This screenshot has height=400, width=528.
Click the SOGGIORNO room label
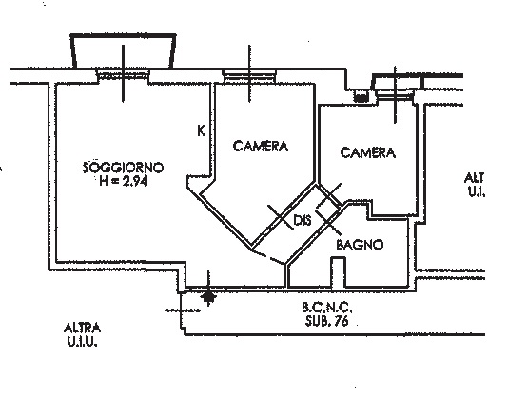click(x=124, y=168)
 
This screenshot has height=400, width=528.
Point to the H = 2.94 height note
click(x=124, y=181)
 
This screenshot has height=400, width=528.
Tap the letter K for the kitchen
click(x=201, y=130)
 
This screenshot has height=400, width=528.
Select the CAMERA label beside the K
click(x=261, y=146)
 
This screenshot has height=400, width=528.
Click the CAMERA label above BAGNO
click(x=368, y=152)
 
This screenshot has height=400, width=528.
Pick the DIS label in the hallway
click(x=303, y=220)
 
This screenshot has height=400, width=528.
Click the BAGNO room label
click(x=360, y=245)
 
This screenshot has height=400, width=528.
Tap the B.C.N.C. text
click(x=327, y=307)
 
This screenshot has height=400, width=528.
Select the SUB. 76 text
click(x=326, y=320)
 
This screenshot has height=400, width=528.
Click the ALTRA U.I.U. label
click(x=82, y=334)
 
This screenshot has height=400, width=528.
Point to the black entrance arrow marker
click(x=208, y=297)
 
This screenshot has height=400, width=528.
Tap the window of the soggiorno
click(x=124, y=75)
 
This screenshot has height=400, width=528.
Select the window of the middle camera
click(x=249, y=76)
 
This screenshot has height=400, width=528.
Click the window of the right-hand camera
click(x=395, y=94)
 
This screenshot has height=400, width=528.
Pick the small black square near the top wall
click(x=361, y=98)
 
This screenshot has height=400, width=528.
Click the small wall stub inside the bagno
click(x=338, y=273)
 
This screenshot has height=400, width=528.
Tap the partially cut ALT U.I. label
click(x=474, y=185)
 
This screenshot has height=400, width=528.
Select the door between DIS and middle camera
click(x=281, y=217)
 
